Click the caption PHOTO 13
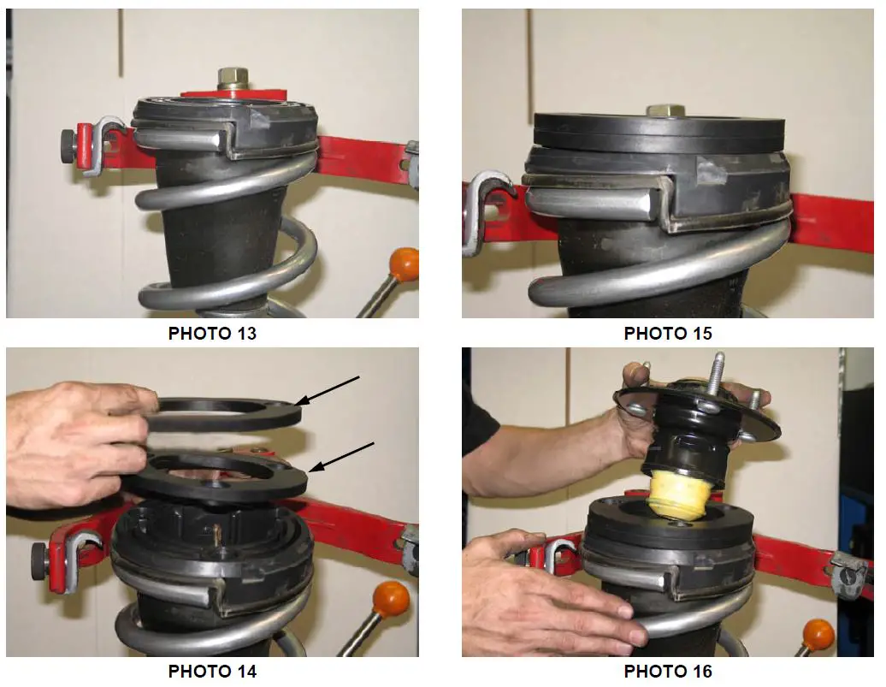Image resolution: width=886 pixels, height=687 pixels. pyautogui.click(x=212, y=334)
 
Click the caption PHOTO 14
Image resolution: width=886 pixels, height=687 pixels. pyautogui.click(x=212, y=671)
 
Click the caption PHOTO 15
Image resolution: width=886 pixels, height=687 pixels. pyautogui.click(x=668, y=334)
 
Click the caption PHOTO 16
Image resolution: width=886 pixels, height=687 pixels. pyautogui.click(x=668, y=671)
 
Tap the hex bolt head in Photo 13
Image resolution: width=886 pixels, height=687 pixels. pyautogui.click(x=231, y=79)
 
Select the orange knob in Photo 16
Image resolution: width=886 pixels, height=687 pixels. pyautogui.click(x=818, y=634)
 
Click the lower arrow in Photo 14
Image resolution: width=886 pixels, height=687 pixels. pyautogui.click(x=342, y=455)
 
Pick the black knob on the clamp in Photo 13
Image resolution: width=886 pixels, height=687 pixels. pyautogui.click(x=68, y=139)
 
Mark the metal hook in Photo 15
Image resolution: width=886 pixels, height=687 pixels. pyautogui.click(x=484, y=210)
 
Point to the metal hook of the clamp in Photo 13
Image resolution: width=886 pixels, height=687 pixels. pyautogui.click(x=109, y=137)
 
